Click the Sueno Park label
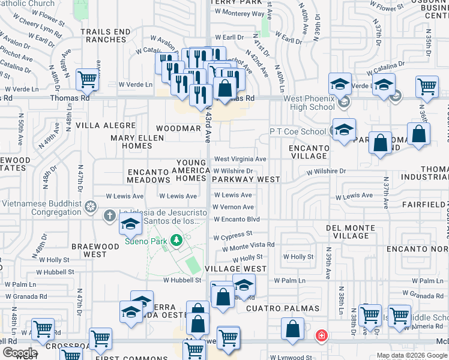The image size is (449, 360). click(145, 241)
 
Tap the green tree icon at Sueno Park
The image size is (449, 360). click(176, 241)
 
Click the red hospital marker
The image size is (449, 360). click(322, 334)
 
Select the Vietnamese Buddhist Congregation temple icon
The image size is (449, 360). click(91, 207)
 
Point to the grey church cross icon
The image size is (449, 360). click(109, 215)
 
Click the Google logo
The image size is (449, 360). click(19, 353)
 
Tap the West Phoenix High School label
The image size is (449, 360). click(302, 103)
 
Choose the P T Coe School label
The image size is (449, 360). click(298, 131)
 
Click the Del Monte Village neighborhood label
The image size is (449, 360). click(356, 232)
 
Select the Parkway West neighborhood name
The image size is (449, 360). click(246, 179)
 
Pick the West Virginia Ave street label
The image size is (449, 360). click(240, 159)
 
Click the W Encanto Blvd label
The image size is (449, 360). click(237, 220)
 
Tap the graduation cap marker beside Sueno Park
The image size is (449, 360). click(130, 226)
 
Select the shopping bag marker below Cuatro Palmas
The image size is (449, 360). click(293, 329)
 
